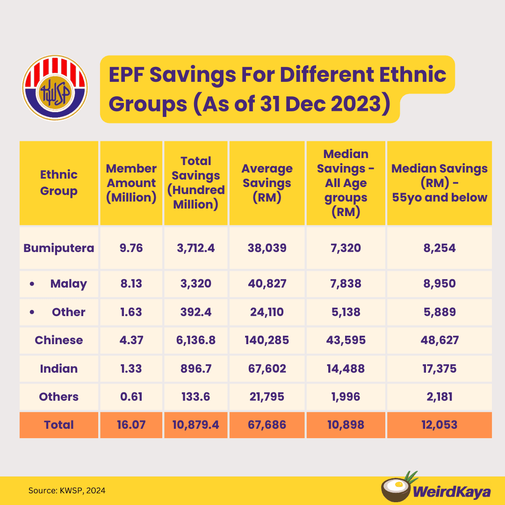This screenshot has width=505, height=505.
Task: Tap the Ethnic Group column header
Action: click(x=59, y=183)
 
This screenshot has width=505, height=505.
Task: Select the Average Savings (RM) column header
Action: click(x=267, y=183)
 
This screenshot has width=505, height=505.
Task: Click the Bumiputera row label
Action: click(x=59, y=248)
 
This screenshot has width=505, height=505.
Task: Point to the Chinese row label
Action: click(x=59, y=340)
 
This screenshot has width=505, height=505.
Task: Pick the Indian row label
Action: click(x=59, y=368)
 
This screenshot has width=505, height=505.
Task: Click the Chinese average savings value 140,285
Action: click(x=267, y=340)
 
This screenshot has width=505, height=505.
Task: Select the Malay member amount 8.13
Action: click(x=131, y=283)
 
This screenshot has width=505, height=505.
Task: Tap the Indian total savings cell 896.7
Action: click(x=196, y=368)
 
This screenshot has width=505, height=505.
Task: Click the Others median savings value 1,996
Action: click(x=346, y=397)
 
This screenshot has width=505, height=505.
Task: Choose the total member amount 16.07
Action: click(x=131, y=425)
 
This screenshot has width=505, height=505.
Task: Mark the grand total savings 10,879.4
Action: click(x=196, y=425)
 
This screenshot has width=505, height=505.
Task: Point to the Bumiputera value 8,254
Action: click(x=440, y=248)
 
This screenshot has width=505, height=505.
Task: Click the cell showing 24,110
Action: click(x=267, y=312)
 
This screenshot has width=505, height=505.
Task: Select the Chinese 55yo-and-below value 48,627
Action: click(x=440, y=340)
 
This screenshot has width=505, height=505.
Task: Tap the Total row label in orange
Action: click(x=59, y=425)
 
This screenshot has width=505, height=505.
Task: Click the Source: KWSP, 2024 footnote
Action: click(x=67, y=491)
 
